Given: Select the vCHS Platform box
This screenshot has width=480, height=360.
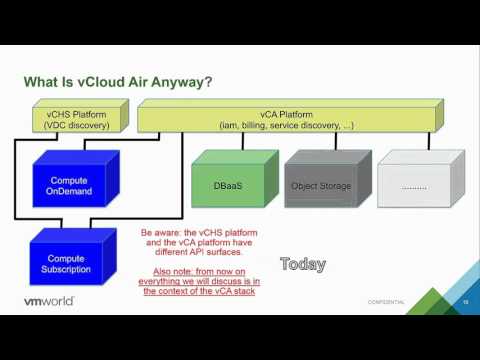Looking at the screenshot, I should [74, 119].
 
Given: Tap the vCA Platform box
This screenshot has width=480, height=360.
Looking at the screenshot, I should [288, 119].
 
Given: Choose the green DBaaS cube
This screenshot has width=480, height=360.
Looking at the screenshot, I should [225, 186].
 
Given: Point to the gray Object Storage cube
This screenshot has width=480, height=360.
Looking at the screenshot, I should [319, 186].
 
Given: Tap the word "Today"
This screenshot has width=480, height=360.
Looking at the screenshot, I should [303, 265].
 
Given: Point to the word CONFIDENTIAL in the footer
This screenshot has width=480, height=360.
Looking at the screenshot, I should [386, 302].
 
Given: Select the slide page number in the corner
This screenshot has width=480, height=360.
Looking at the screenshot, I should [464, 301].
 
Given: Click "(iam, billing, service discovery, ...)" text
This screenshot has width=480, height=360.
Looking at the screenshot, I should [288, 125].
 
